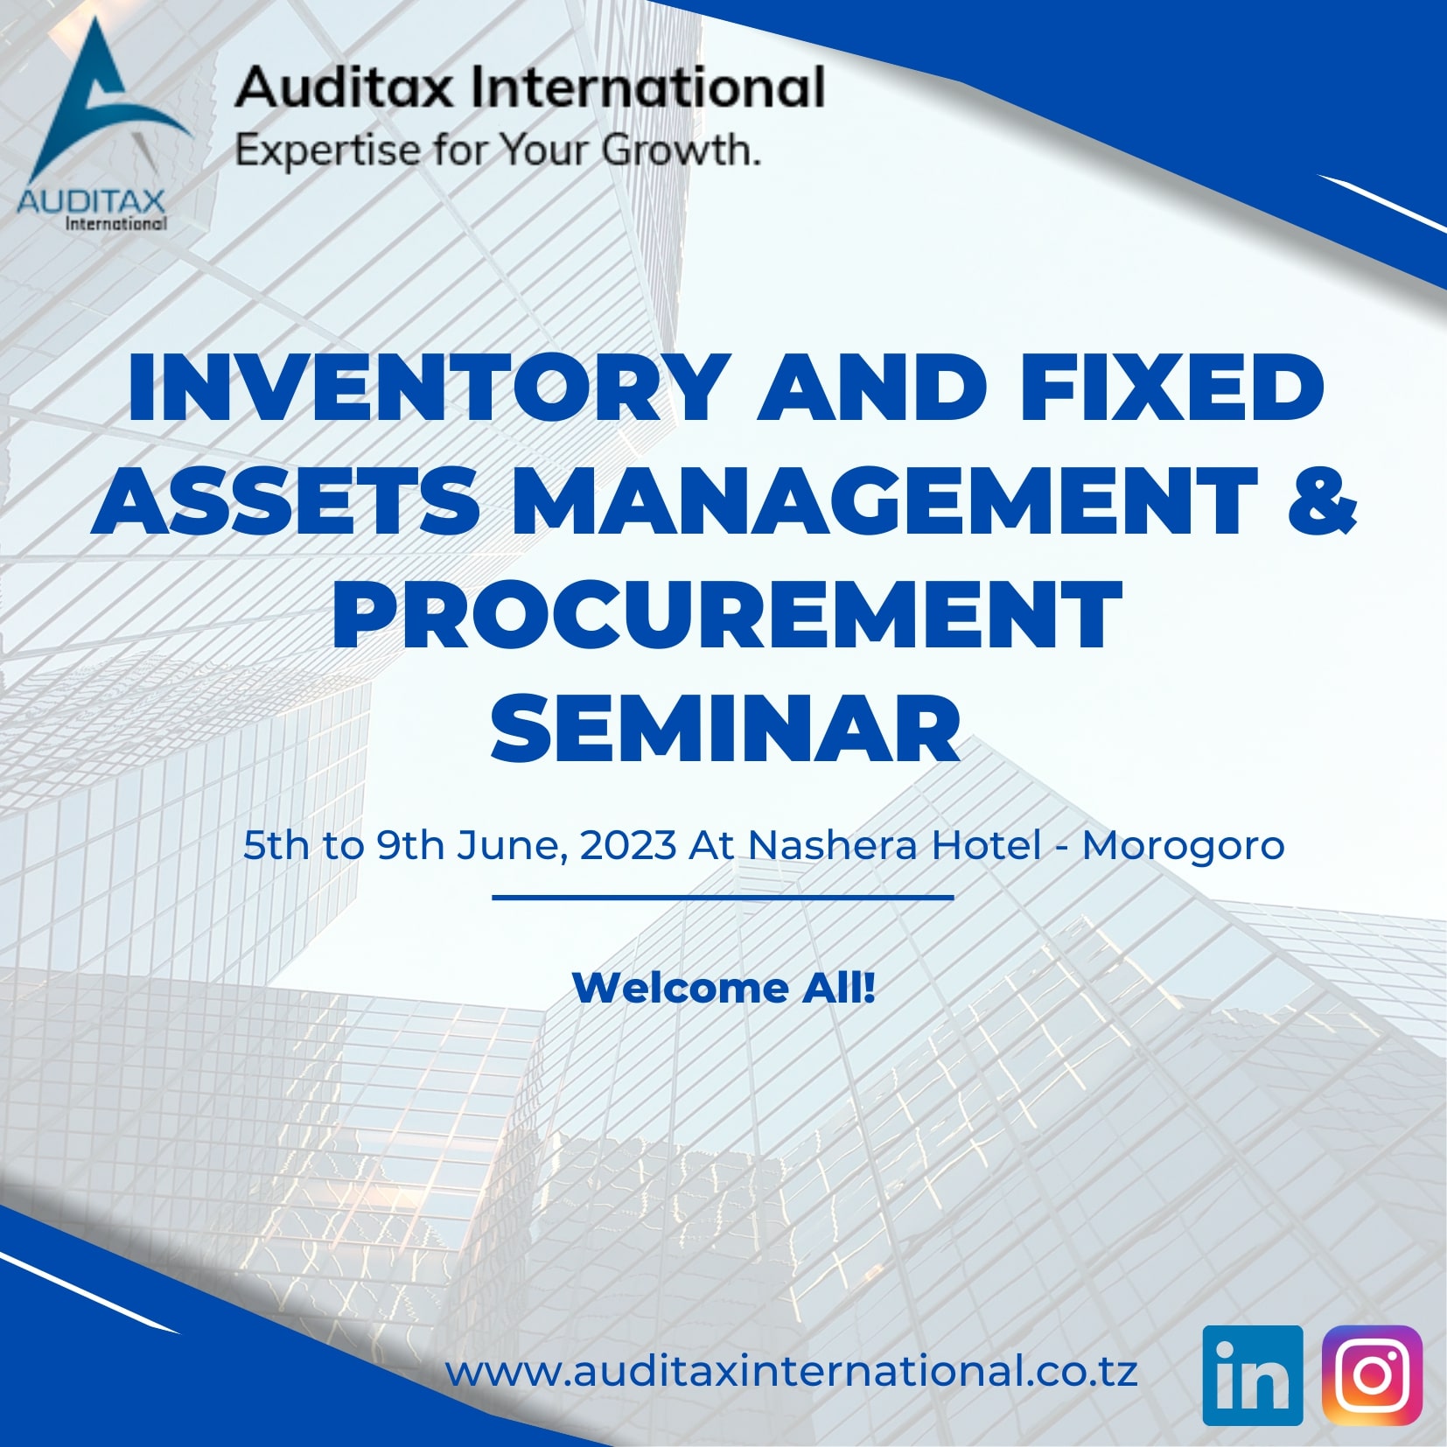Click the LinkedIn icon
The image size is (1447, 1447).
click(x=1252, y=1375)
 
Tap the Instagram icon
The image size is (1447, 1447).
click(x=1372, y=1375)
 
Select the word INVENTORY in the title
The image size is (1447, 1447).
click(x=428, y=388)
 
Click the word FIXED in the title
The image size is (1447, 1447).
click(x=1171, y=388)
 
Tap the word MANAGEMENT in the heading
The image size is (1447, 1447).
click(x=884, y=500)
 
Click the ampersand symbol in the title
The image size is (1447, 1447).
click(x=1324, y=500)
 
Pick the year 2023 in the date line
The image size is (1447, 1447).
click(x=627, y=845)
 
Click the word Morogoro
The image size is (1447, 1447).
click(x=1183, y=845)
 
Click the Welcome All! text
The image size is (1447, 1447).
click(x=723, y=988)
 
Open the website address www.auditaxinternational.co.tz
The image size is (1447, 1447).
click(x=791, y=1371)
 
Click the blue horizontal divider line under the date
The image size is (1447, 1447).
click(x=723, y=897)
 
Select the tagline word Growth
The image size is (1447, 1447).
click(x=680, y=150)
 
